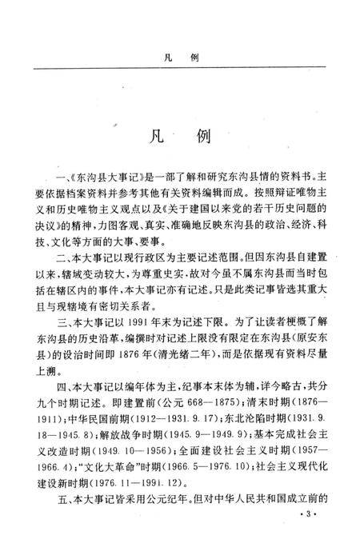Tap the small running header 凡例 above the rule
click(180, 59)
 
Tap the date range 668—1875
click(180, 429)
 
